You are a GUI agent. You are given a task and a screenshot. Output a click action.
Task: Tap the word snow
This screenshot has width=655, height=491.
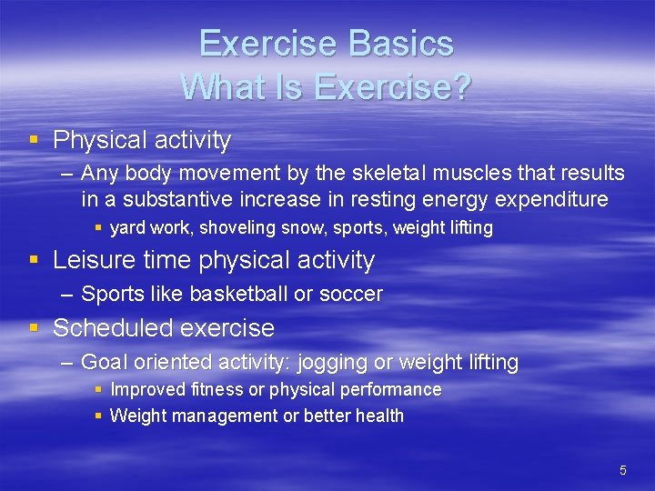point(294,228)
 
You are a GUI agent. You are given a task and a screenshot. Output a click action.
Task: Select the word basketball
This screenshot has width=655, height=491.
point(227,294)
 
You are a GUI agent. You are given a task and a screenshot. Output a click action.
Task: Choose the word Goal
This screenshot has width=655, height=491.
point(102,362)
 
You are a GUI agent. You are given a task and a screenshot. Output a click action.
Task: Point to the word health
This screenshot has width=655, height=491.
point(379,416)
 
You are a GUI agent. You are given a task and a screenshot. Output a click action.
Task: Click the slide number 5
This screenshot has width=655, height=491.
point(622,470)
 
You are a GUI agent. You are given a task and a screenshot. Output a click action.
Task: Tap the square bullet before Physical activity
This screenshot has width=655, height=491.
point(34,140)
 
